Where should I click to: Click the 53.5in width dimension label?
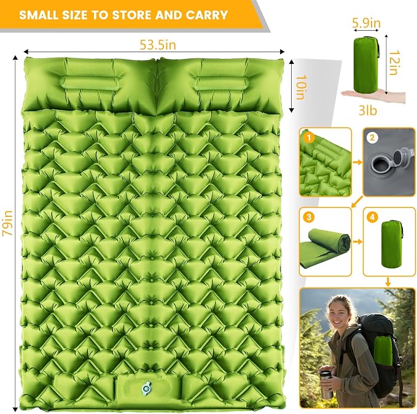pos(158,45)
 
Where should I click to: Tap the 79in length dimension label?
pos(7,223)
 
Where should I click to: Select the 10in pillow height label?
pos(302,87)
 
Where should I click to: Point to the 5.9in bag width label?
pos(367,23)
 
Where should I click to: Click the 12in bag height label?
pos(395,63)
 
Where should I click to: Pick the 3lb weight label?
pos(368,110)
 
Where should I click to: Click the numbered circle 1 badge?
pos(308,138)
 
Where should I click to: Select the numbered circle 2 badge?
pos(372,138)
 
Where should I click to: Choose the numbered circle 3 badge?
pos(308,217)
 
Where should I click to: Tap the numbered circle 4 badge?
pos(372,217)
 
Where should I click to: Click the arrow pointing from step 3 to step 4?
pos(357,241)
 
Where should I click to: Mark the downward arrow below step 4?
pos(388,282)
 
